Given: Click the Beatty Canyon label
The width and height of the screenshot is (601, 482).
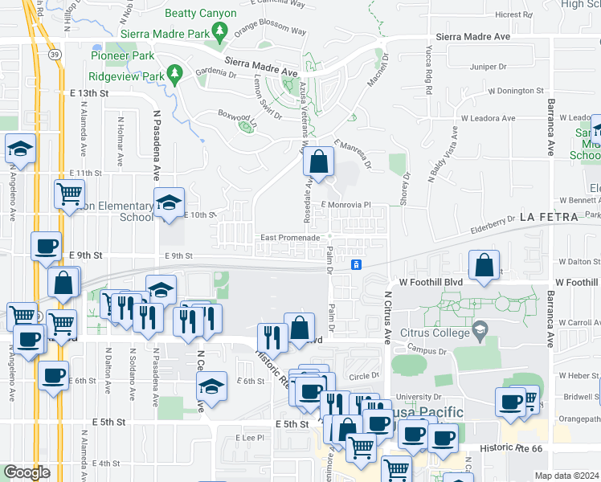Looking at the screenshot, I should coord(200,13).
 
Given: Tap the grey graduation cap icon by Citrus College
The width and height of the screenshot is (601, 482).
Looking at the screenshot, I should coord(480,329).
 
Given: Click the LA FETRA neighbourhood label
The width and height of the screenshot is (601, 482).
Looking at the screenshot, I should coord(549,218).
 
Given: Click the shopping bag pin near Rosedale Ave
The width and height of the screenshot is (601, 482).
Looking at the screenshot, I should coord(319,162).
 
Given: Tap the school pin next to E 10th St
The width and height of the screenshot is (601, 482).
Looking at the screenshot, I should coord(169,203).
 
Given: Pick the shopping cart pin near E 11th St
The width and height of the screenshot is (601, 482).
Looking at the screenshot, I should coord(69,193).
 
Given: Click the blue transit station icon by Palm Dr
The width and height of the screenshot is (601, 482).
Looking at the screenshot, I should coord(357,264).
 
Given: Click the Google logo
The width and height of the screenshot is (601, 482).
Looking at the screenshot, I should coord(27,472).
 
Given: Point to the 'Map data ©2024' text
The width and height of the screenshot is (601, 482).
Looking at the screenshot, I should coord(566,476).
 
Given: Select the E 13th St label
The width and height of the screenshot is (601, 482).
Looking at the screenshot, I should coord(88,94).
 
